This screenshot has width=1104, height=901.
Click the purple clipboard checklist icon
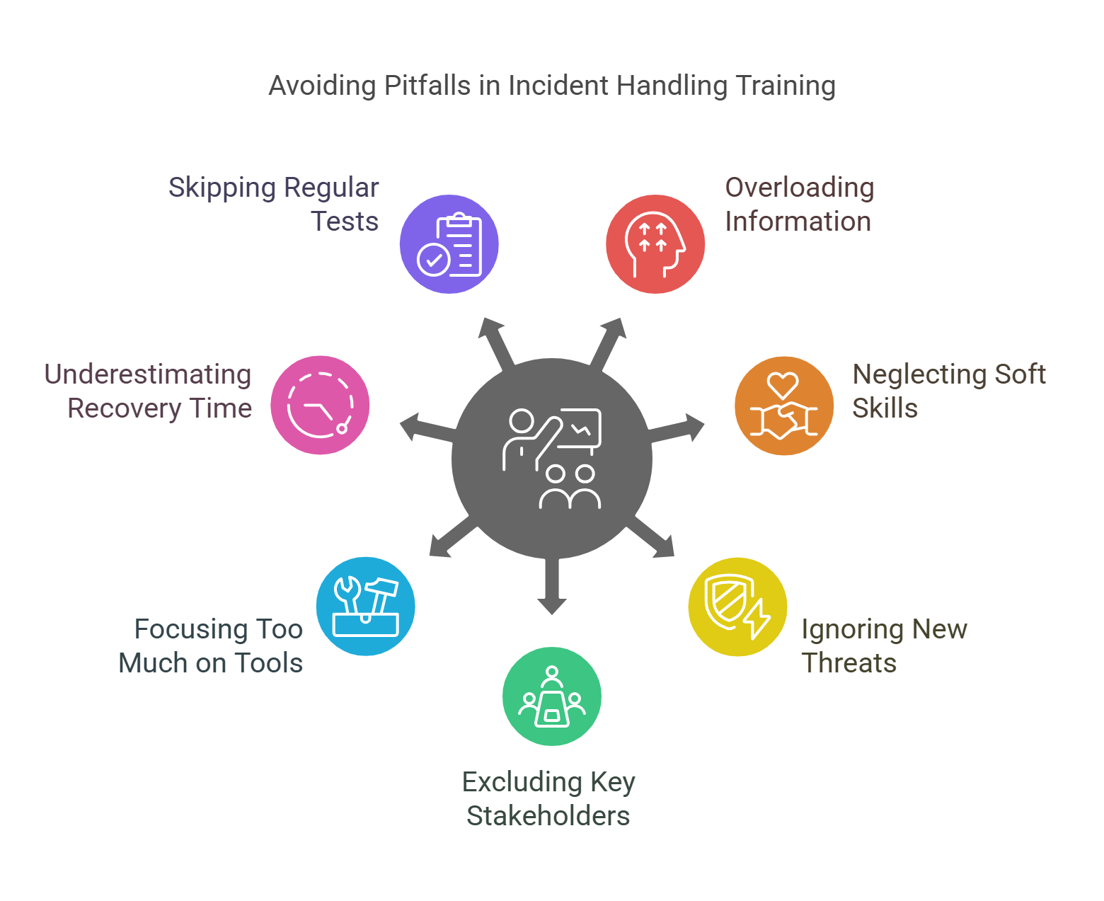tap(449, 244)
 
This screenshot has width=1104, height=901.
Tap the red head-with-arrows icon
tap(655, 244)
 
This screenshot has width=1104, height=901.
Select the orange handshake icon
tap(783, 406)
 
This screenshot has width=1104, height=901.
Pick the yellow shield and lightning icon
tap(737, 607)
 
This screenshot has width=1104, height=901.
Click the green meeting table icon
tap(552, 696)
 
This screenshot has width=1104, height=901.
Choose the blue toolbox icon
tap(366, 607)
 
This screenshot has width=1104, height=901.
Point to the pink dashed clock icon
tap(320, 406)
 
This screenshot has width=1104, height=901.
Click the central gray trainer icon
tap(552, 459)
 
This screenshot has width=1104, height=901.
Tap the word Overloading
tap(800, 188)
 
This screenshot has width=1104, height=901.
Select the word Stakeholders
tap(548, 816)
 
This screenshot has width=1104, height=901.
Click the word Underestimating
tap(148, 374)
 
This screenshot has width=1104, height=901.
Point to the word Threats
tap(849, 663)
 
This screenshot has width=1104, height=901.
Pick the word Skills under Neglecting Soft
tap(885, 408)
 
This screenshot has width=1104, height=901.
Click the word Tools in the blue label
tap(268, 663)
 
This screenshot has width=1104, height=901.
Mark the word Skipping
tap(222, 188)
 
